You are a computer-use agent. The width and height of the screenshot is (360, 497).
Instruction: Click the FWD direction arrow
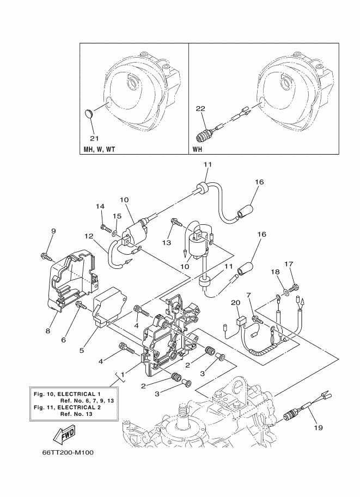(x=64, y=434)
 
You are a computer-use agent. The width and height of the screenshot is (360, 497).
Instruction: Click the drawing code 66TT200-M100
(x=68, y=452)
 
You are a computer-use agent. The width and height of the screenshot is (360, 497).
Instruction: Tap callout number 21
(x=95, y=138)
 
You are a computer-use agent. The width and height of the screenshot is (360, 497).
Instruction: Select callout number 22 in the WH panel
(x=200, y=108)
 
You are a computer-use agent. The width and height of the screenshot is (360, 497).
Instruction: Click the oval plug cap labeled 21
(x=89, y=114)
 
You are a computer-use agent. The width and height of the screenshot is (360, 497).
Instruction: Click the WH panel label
(x=197, y=149)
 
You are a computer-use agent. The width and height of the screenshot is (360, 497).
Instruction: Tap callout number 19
(x=318, y=427)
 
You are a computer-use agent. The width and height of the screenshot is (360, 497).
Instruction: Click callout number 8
(x=47, y=331)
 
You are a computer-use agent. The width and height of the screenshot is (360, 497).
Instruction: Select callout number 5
(x=82, y=350)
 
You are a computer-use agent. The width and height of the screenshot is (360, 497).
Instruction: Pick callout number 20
(x=235, y=303)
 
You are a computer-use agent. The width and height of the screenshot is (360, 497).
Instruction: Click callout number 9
(x=53, y=231)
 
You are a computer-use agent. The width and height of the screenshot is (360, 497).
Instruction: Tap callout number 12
(x=89, y=236)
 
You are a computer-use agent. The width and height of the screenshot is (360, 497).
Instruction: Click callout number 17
(x=289, y=263)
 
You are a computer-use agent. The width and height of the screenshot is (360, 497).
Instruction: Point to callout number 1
(x=123, y=375)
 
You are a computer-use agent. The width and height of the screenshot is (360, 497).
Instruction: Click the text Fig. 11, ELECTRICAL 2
(x=67, y=407)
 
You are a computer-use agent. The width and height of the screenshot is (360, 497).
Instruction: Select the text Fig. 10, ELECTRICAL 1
(x=67, y=394)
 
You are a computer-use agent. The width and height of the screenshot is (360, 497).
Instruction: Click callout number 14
(x=100, y=206)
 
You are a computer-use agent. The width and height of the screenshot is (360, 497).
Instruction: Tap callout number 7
(x=249, y=296)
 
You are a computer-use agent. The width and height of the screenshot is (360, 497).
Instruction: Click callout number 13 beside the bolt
(x=167, y=243)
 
